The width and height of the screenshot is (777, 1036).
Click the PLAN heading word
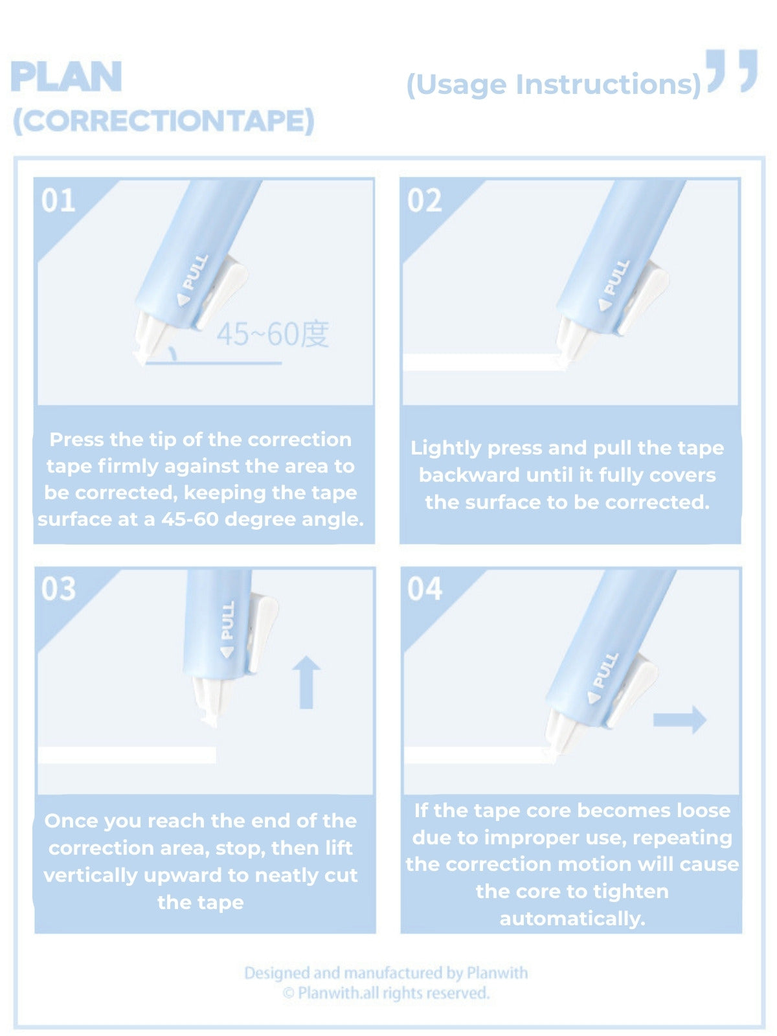66,76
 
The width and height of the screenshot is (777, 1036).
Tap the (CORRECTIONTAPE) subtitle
163,121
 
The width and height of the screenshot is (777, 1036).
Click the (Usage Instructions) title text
554,85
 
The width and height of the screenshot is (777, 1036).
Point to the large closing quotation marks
731,70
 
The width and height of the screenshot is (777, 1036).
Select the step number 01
58,200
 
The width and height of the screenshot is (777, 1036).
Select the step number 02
424,200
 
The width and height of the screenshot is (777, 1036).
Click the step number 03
58,589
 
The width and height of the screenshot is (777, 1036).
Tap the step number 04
424,589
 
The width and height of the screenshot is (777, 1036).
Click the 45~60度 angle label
273,334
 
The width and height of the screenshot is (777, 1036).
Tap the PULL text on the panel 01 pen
194,272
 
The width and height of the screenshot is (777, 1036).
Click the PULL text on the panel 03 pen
227,620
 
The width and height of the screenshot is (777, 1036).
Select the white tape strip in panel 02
482,362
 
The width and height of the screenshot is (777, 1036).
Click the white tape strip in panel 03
127,755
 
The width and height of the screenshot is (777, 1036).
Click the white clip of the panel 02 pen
647,298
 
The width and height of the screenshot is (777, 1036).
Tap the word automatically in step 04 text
572,918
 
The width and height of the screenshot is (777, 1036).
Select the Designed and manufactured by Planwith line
386,973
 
